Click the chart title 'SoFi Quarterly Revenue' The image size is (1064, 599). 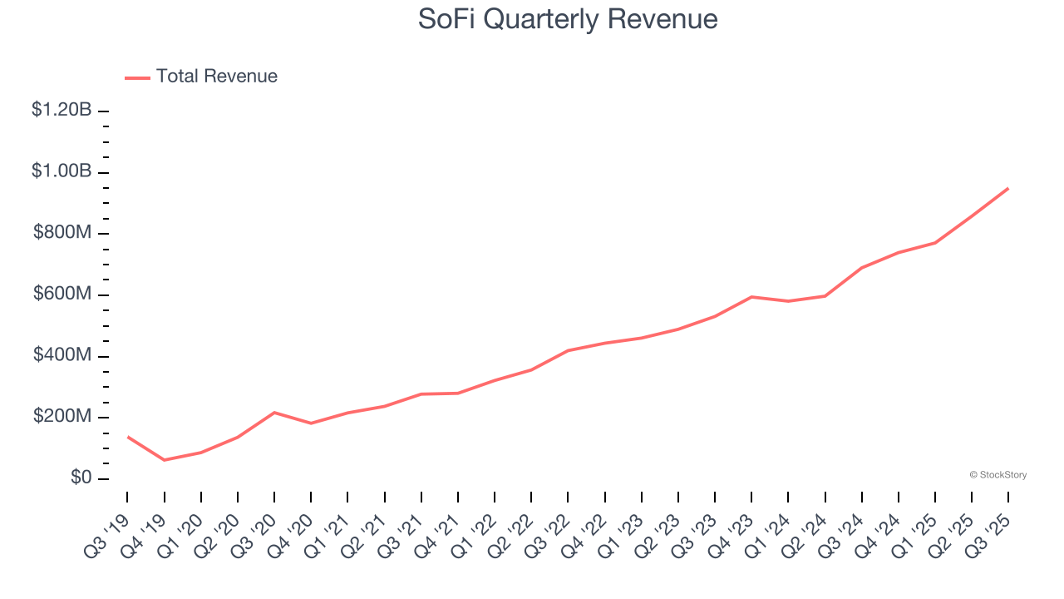pos(568,18)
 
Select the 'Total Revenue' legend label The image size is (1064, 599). pos(216,77)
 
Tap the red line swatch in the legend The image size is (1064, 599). pos(137,77)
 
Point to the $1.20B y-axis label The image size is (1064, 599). pos(62,110)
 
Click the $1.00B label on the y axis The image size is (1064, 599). pos(62,171)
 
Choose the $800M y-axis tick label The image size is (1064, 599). pos(62,233)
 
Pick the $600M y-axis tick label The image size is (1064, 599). pos(62,295)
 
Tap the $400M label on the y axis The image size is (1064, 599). pos(62,356)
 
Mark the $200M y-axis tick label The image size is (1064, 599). pos(62,417)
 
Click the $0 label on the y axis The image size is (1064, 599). pos(81,478)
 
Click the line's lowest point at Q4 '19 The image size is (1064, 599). pos(164,460)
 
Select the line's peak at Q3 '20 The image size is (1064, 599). pos(274,413)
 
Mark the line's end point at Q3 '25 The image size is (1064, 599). pos(1008,188)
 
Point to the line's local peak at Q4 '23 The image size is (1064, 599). pos(751,297)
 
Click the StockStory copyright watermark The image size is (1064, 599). pos(997,475)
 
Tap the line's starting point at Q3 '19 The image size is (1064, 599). pos(127,436)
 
